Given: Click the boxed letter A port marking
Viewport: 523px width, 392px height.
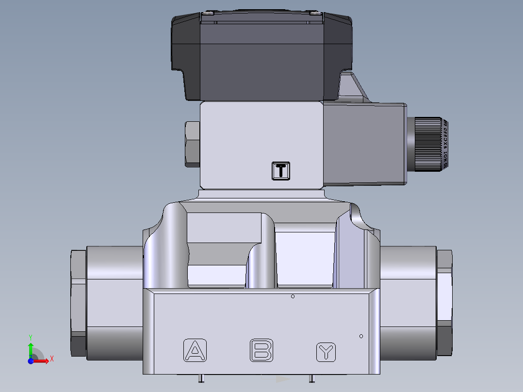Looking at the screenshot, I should click(196, 350).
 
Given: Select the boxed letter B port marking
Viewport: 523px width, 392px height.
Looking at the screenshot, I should click(261, 350).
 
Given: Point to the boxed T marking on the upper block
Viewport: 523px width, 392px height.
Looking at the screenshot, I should click(281, 170).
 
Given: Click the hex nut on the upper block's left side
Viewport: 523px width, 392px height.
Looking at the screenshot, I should click(192, 144).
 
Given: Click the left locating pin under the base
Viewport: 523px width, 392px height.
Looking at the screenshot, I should click(201, 378).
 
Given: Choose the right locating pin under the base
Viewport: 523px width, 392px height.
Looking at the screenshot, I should click(312, 378).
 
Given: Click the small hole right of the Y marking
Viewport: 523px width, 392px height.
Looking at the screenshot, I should click(361, 336).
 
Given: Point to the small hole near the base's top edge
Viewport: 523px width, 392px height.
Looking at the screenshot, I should click(293, 296).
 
